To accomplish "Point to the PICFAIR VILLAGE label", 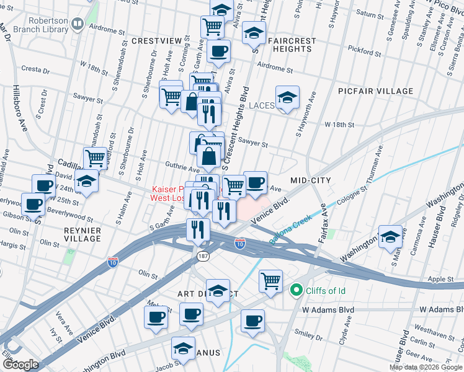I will (x=375, y=91).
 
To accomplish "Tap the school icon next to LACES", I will (x=287, y=97).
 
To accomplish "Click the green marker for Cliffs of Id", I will (x=296, y=290).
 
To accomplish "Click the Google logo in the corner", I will (x=20, y=365).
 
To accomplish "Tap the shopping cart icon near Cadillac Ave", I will (x=95, y=157).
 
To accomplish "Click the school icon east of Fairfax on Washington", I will (x=390, y=237).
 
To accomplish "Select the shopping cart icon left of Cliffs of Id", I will (x=270, y=281).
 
